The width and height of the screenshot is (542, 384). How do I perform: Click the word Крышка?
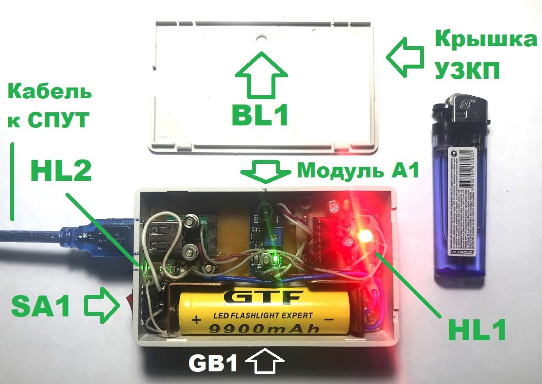click(482, 40)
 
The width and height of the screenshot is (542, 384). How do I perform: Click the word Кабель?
click(50, 92)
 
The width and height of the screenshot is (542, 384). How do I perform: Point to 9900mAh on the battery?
click(264, 329)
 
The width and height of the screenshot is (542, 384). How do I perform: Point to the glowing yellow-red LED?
click(363, 237)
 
